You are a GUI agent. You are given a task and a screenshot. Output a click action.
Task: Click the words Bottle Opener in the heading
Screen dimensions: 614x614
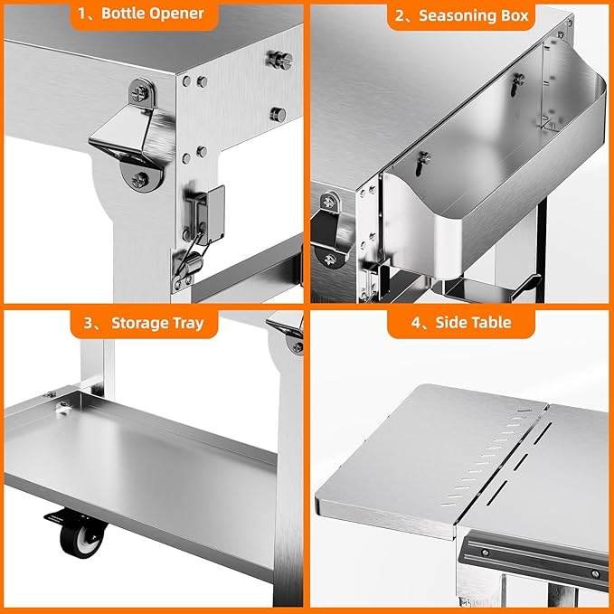159,14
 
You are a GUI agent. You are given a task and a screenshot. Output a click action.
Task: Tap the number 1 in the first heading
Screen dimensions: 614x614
82,14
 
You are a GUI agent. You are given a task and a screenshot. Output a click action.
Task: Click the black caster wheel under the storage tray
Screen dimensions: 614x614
79,537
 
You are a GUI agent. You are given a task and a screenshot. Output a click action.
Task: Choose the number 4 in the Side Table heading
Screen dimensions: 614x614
422,322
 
